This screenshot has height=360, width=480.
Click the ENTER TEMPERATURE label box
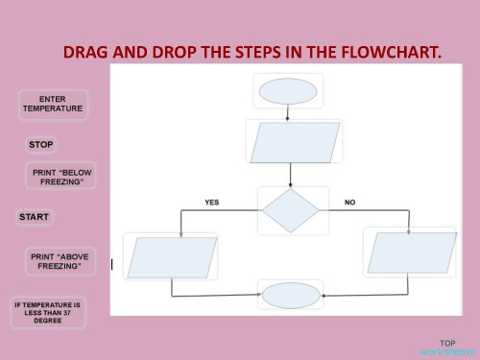(x=53, y=105)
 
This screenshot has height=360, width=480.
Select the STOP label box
(x=41, y=145)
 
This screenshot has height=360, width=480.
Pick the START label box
(x=35, y=217)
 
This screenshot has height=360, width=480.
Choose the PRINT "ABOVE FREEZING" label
(x=59, y=261)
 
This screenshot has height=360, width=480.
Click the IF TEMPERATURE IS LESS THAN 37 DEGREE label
(x=47, y=313)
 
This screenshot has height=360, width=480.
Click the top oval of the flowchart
(x=285, y=92)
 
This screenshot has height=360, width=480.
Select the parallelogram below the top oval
(x=293, y=143)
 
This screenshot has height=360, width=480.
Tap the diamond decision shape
(x=289, y=210)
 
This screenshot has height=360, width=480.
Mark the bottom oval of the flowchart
(x=290, y=294)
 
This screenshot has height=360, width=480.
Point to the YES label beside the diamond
(x=212, y=203)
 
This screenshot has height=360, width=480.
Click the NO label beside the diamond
(x=349, y=203)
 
